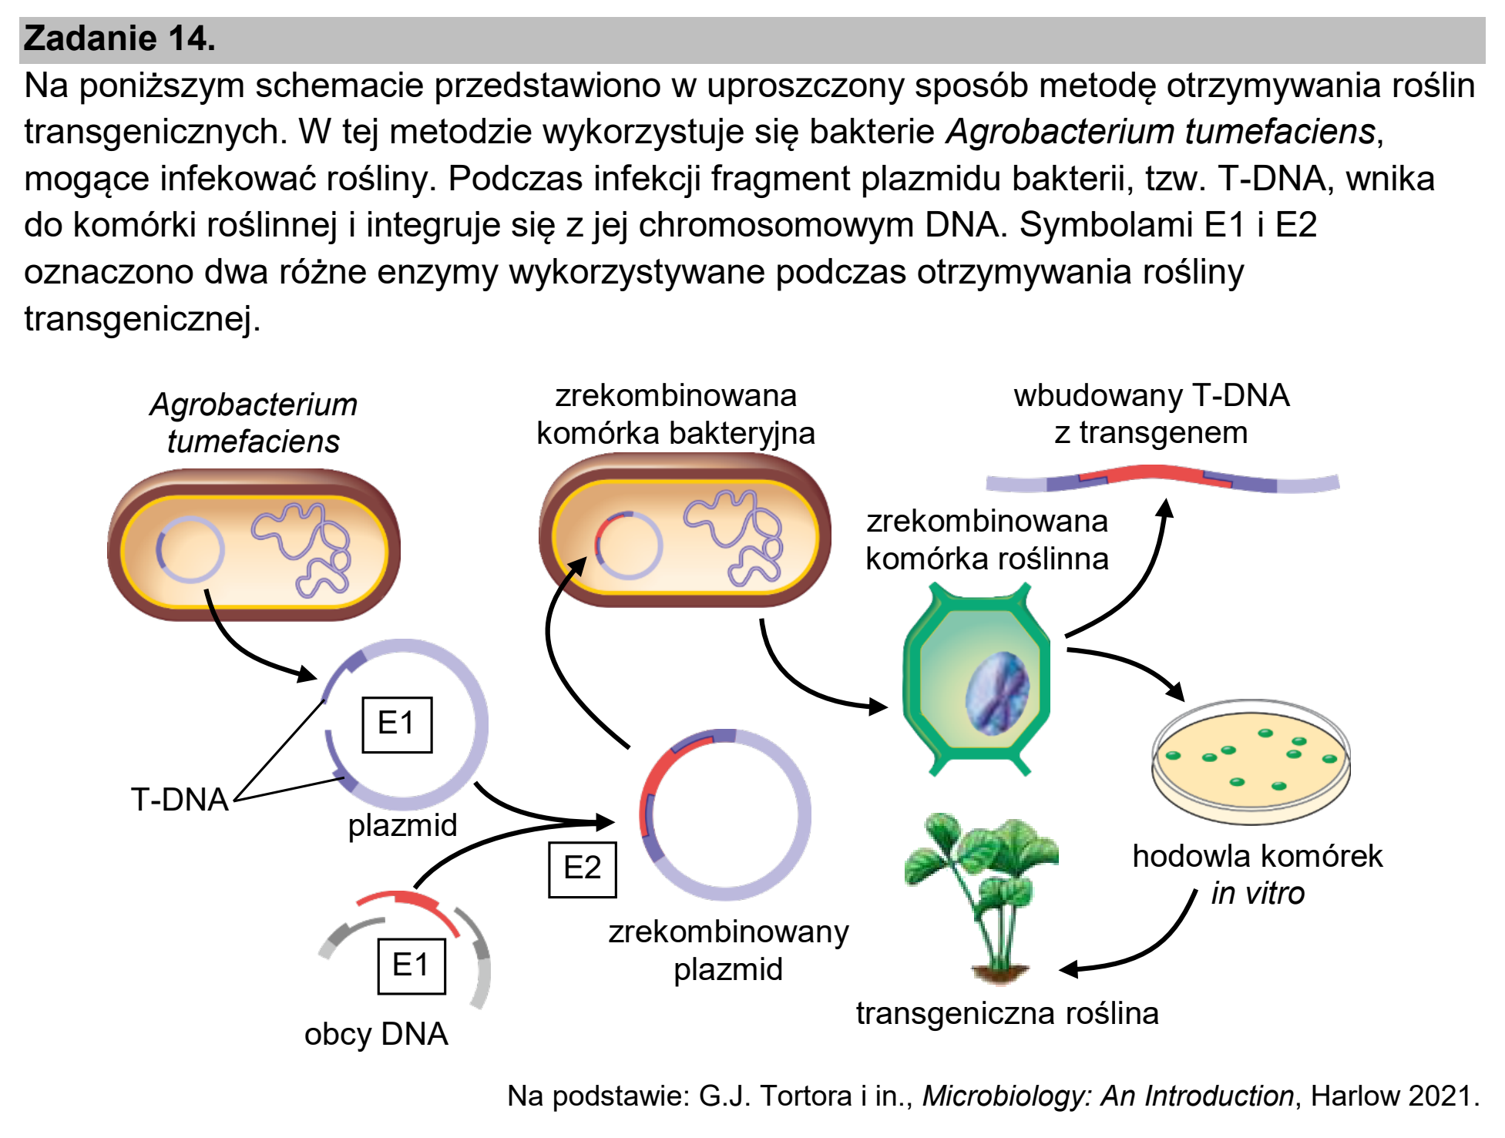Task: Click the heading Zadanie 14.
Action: (x=119, y=39)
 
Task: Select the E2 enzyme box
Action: (x=582, y=869)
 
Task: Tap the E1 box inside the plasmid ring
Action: (x=397, y=724)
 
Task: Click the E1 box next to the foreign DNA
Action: (x=412, y=965)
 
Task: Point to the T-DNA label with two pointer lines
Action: (x=180, y=800)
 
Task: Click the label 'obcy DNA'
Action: (x=376, y=1034)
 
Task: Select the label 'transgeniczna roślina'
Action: (x=1007, y=1013)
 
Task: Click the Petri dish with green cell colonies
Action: (x=1251, y=761)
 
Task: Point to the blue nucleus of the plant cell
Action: (x=998, y=693)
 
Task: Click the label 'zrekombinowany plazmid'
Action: (x=728, y=950)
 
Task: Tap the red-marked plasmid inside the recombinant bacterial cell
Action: (x=628, y=545)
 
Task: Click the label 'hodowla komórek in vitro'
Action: (x=1258, y=874)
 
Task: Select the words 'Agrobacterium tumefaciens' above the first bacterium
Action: (x=254, y=423)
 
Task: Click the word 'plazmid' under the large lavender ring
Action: (x=402, y=825)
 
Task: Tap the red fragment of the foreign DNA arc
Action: (x=408, y=908)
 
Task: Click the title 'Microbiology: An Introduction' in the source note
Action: (x=1108, y=1096)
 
